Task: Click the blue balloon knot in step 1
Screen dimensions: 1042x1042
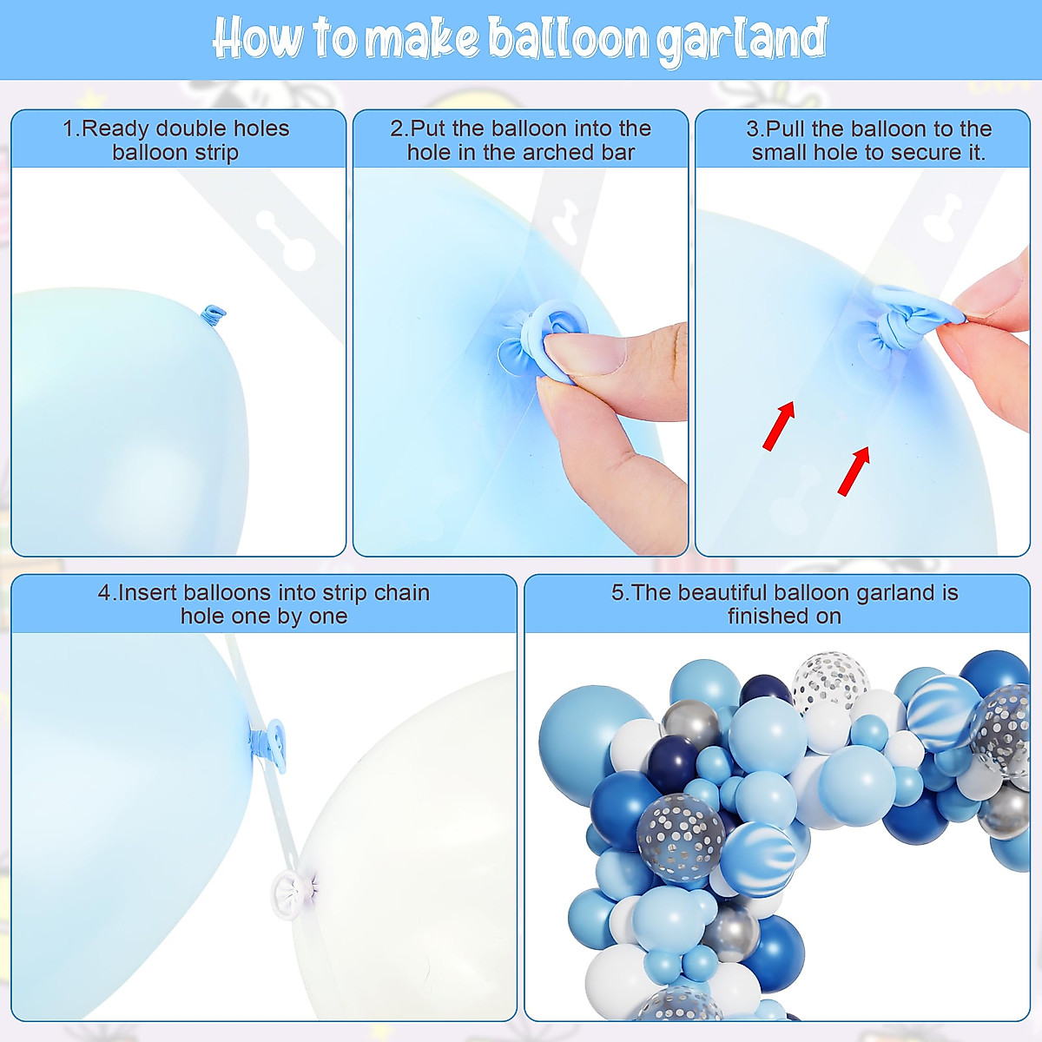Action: point(212,313)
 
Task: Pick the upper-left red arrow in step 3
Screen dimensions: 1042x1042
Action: point(779,425)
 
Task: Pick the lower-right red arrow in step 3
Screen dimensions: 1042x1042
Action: point(854,472)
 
